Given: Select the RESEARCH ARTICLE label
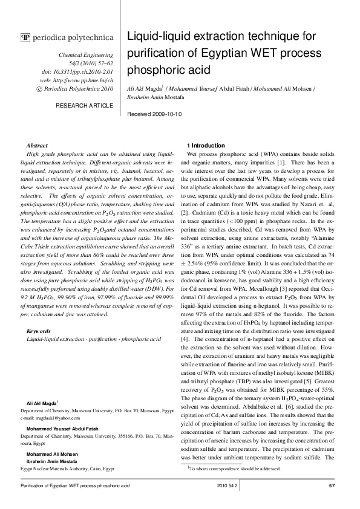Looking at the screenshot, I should pos(84,106).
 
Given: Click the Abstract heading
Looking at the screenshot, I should pos(38,146).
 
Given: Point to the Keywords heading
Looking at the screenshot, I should pos(39,331).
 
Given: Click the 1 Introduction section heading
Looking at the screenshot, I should pos(206,146).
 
